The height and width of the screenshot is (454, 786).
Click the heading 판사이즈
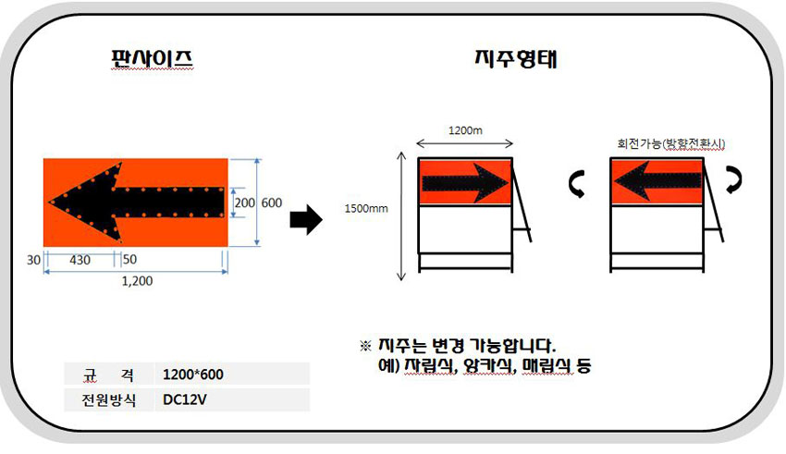(x=152, y=58)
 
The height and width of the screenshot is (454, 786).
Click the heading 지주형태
(x=516, y=58)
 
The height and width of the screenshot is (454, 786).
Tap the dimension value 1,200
(x=137, y=280)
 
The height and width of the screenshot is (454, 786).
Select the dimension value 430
(x=80, y=260)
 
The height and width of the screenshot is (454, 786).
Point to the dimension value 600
(x=271, y=202)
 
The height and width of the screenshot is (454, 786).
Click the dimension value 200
(x=245, y=202)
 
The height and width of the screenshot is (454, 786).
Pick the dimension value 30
(x=33, y=260)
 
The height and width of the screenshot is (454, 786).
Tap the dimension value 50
(x=129, y=259)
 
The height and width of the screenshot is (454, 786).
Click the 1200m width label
(x=465, y=130)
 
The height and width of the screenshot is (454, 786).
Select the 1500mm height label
(x=366, y=208)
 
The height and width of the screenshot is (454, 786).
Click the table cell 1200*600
(x=193, y=374)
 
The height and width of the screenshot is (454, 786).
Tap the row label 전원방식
(x=109, y=399)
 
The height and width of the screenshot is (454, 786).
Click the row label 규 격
(x=108, y=374)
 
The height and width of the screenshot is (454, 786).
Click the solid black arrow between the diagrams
(x=306, y=219)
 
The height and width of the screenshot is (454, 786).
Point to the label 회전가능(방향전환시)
(x=670, y=144)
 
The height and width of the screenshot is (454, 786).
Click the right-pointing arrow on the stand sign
(x=465, y=183)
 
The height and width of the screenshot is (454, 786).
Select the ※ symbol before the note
(x=365, y=346)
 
